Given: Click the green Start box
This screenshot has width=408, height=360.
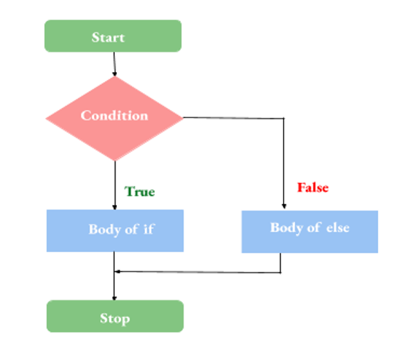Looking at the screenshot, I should pos(113,36).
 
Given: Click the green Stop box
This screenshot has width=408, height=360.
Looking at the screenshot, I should pos(114,317).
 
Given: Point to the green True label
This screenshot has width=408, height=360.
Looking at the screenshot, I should pos(140,192).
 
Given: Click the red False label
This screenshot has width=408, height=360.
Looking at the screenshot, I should pos(313,187).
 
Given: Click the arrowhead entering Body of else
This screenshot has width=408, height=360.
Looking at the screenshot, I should pos(283,206).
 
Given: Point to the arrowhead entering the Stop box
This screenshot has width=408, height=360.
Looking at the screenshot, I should pos(114,297).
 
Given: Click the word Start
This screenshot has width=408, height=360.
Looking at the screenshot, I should pos(108,37).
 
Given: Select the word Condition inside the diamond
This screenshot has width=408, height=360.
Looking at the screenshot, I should pos(114,115).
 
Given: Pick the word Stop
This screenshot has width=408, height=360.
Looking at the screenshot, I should pos(114,318).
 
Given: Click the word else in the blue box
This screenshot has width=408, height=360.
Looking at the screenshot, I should pos(337,228).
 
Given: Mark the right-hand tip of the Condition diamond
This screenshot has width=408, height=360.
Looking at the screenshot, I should pos(182,118).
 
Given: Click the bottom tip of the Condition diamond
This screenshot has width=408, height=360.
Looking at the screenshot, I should pos(114,161).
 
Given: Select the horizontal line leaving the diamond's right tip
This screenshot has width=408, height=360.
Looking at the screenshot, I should pos(231,118).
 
